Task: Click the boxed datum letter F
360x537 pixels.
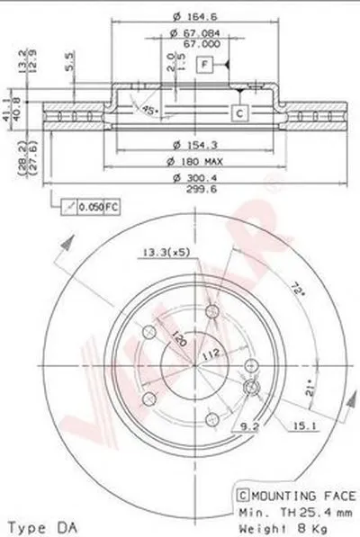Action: (x=206, y=65)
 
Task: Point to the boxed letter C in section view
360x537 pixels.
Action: (x=240, y=112)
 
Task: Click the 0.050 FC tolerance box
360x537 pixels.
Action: (x=81, y=208)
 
